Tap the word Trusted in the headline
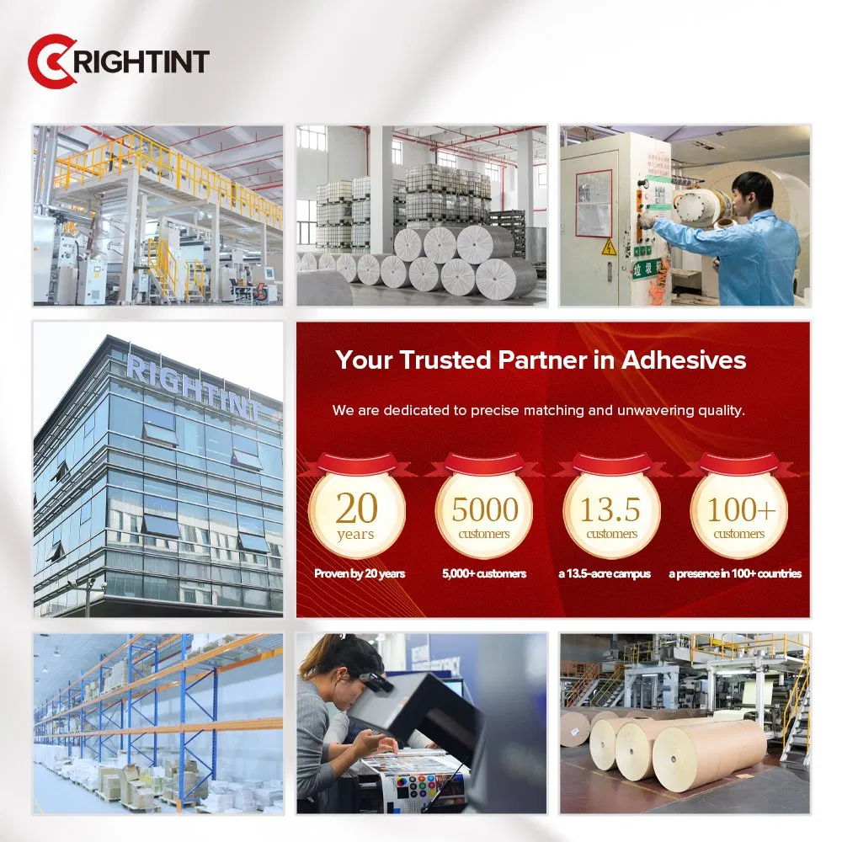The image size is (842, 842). (445, 360)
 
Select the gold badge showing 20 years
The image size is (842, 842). (356, 511)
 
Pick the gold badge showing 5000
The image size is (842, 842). (484, 511)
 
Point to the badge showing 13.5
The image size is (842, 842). (611, 511)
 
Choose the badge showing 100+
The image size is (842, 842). (738, 511)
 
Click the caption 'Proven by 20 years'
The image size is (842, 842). (360, 573)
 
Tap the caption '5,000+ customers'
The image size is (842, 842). (484, 573)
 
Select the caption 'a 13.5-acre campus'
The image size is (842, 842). (605, 573)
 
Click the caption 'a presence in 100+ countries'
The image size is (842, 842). (735, 573)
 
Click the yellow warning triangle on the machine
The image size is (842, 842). (608, 247)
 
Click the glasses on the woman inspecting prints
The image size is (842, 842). (376, 682)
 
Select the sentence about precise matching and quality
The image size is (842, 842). (538, 411)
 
